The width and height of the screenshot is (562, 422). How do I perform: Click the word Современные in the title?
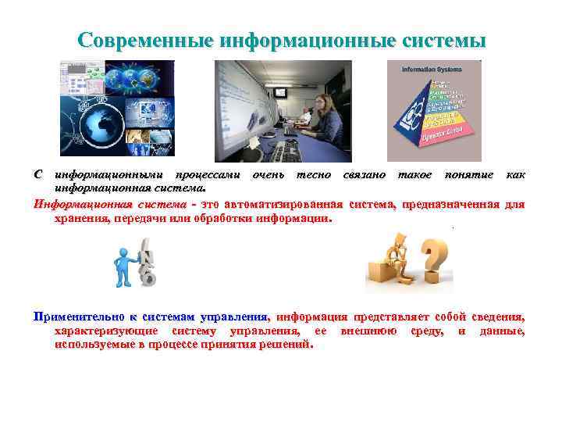click(147, 40)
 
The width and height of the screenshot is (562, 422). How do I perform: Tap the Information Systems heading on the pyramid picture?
click(428, 69)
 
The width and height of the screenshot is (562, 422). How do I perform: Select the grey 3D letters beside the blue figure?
click(145, 261)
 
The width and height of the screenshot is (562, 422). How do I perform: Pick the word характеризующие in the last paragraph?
click(105, 331)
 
